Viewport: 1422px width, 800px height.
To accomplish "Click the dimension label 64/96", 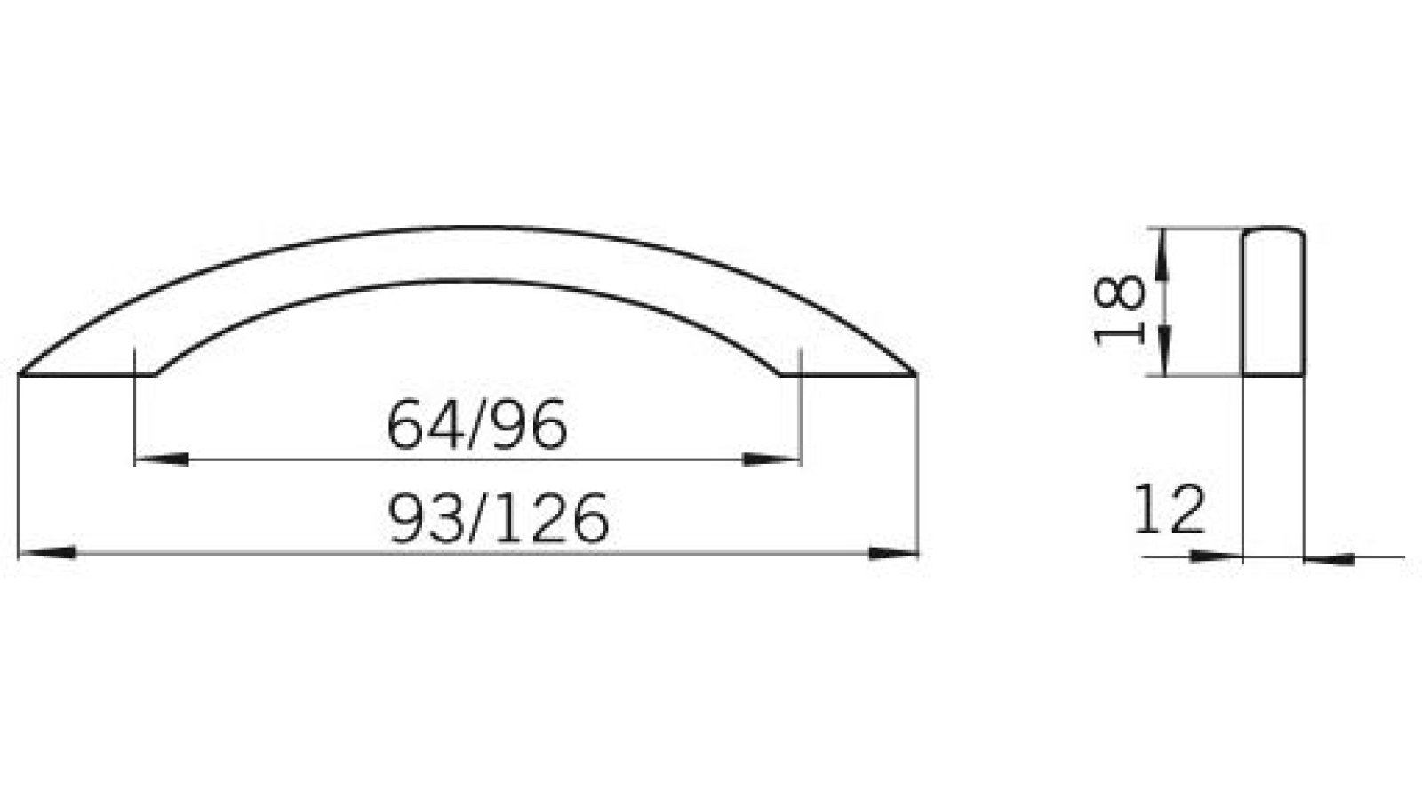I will point(477,425).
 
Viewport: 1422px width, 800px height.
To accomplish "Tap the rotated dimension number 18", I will point(1119,308).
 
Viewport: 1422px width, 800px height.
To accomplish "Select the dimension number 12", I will point(1169,510).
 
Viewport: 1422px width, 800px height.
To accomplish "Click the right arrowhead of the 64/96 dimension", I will point(770,460).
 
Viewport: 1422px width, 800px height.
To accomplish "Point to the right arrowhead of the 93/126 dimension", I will point(892,553).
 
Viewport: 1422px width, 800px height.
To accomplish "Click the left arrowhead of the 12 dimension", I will point(1216,556).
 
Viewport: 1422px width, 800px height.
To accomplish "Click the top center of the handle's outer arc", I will point(468,228).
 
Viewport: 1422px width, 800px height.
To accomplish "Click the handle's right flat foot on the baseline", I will point(848,374).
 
